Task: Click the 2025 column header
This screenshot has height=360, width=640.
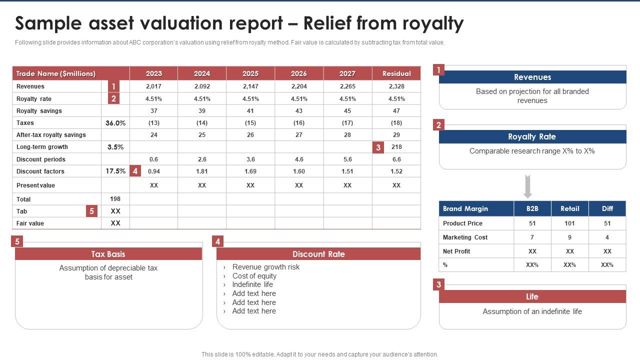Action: (250, 73)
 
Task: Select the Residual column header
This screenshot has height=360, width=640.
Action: (396, 73)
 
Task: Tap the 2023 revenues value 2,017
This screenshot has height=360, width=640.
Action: (153, 86)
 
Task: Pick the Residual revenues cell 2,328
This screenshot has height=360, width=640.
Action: (396, 86)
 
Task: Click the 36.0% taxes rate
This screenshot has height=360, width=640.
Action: (115, 123)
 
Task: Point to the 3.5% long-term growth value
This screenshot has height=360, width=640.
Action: (115, 147)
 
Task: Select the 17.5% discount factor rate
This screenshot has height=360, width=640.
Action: (115, 171)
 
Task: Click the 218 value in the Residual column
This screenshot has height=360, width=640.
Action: (396, 147)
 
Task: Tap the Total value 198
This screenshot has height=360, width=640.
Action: (115, 199)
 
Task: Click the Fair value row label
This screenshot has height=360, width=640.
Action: (30, 223)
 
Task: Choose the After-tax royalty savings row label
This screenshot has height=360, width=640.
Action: (51, 135)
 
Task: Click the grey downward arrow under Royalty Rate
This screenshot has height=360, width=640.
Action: (527, 186)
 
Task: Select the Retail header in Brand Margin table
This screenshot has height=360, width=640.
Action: (569, 208)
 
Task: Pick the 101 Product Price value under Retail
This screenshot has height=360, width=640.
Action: (569, 223)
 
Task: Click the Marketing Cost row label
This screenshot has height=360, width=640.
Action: (465, 237)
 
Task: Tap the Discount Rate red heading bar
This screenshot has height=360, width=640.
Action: (318, 254)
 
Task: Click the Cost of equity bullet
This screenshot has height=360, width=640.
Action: (254, 276)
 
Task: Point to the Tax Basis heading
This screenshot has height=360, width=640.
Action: (108, 254)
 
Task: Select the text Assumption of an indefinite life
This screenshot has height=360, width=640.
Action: (532, 311)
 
